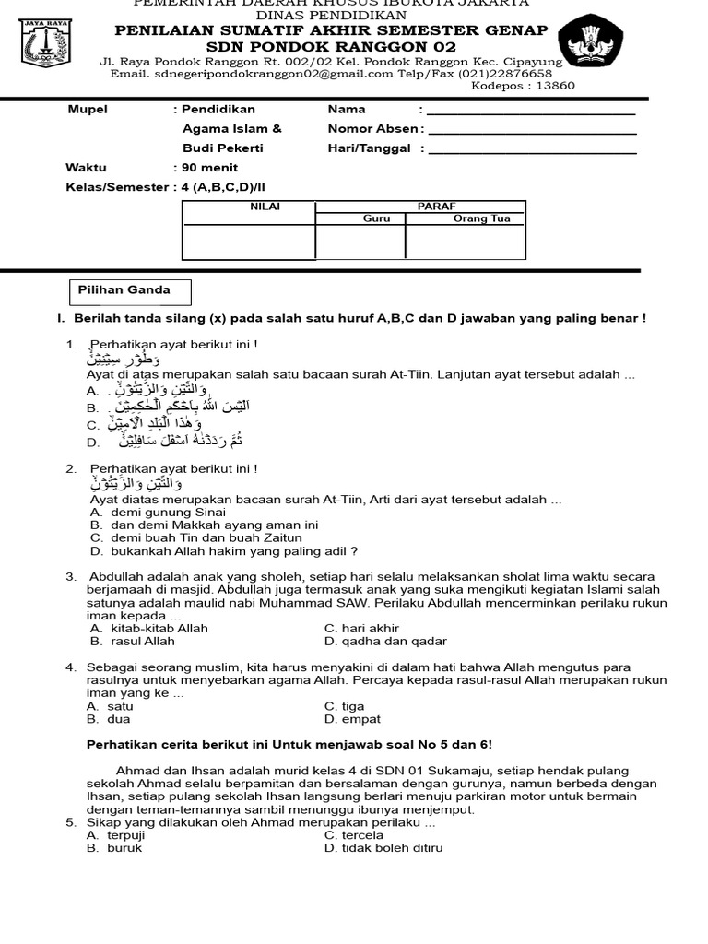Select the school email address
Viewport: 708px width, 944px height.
coord(264,74)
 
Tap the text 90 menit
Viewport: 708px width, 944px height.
coord(209,168)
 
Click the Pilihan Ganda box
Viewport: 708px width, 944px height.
coord(132,290)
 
